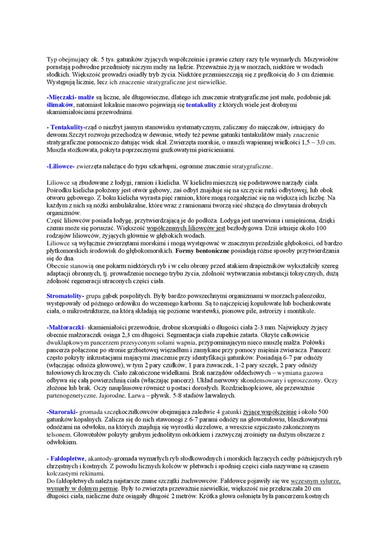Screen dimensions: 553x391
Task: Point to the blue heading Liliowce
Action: (x=61, y=166)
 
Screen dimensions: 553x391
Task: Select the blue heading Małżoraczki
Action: (x=65, y=327)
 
